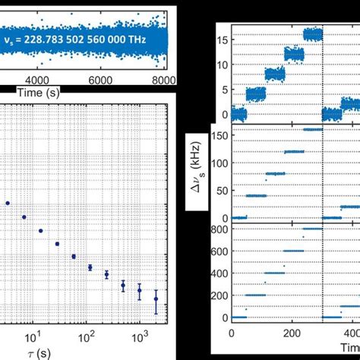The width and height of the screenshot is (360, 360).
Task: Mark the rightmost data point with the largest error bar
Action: point(156,299)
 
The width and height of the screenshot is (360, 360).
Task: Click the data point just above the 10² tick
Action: point(90,267)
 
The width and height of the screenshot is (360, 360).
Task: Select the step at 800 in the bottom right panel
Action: point(312,229)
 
